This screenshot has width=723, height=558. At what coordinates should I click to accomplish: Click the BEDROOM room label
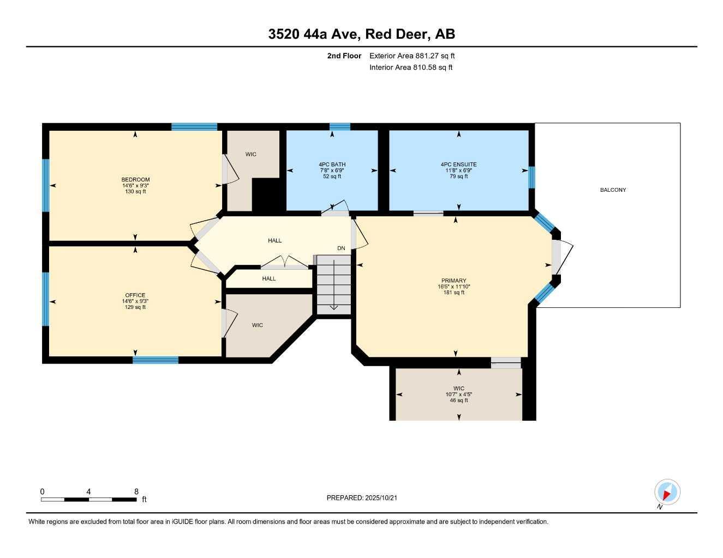pos(135,179)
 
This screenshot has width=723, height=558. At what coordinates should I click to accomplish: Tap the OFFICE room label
pos(135,295)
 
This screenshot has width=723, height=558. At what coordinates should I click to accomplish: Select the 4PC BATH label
pos(332,165)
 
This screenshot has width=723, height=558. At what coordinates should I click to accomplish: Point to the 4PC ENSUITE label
pos(458,165)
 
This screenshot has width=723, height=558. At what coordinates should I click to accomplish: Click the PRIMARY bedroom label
pos(453,281)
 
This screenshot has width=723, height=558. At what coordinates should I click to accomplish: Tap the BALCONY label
pos(613,190)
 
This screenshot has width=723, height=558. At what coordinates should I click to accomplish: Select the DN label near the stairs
pos(341,248)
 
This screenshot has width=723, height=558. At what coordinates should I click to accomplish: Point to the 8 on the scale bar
pos(136,491)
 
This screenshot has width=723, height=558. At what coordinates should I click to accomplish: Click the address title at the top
pos(361,34)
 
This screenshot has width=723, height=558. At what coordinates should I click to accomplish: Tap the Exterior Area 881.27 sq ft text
pos(412,56)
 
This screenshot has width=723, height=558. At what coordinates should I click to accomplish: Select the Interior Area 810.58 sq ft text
pos(411,68)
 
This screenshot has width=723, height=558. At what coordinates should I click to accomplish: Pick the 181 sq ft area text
pos(453,293)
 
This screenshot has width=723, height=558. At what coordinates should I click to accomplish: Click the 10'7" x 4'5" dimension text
pos(458,395)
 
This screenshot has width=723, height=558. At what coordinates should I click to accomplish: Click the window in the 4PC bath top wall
pos(339,126)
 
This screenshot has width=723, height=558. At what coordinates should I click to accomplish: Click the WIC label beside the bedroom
pos(250,154)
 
